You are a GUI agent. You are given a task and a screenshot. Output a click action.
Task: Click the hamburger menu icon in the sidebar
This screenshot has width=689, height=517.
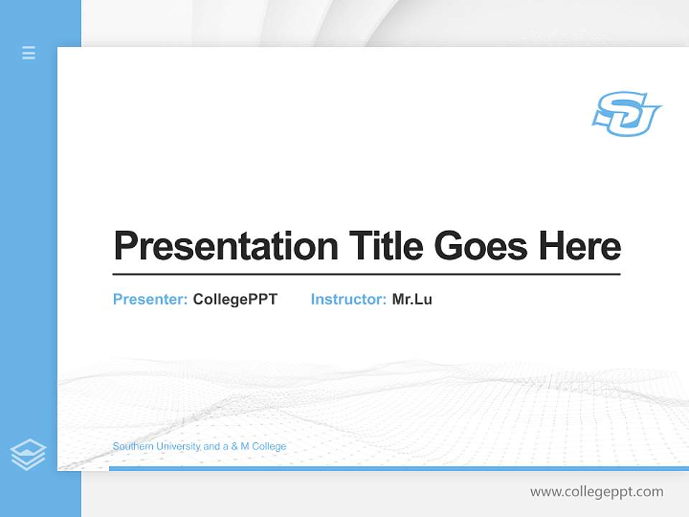(29, 52)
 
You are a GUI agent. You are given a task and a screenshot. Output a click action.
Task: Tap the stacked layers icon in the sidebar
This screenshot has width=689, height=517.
(28, 455)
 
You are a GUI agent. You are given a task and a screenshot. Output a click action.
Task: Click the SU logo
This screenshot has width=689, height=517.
(626, 113)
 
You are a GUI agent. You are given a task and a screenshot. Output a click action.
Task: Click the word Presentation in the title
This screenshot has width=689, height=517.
(225, 246)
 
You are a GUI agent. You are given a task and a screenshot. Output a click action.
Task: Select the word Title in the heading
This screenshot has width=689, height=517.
(385, 246)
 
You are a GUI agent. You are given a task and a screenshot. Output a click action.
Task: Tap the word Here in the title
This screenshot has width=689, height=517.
(579, 246)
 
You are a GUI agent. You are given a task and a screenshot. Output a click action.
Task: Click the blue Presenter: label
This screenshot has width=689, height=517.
(150, 299)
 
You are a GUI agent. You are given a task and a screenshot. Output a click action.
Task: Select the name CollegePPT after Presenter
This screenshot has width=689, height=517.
(235, 299)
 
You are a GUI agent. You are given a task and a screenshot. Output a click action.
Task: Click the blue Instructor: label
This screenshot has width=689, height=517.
(348, 299)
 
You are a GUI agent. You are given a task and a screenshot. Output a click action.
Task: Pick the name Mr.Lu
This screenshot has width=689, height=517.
(412, 299)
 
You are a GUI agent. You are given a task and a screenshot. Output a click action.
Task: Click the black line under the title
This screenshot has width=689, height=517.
(366, 274)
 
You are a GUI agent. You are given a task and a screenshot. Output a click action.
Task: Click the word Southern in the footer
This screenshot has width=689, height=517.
(132, 447)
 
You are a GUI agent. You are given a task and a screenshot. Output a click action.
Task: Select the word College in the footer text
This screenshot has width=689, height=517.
(269, 447)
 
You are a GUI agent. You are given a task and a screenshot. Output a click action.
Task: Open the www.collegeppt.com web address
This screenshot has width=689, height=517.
(596, 492)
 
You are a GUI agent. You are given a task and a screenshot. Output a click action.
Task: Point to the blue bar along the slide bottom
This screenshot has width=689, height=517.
(398, 468)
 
